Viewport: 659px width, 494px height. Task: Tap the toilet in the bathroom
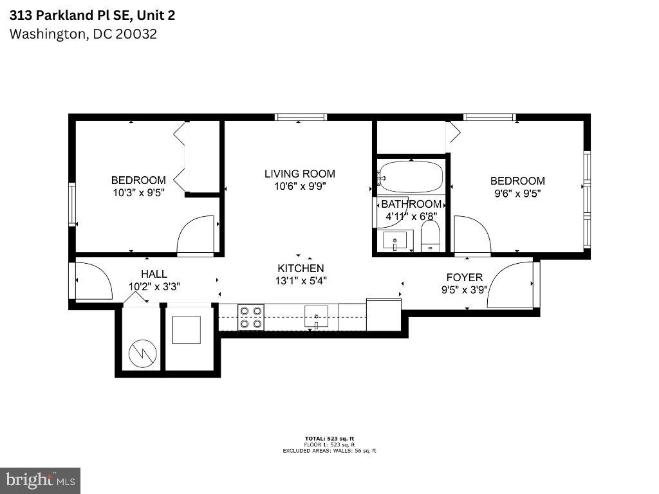429,236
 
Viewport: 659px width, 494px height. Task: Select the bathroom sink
394,241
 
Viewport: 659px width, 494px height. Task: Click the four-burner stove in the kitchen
251,317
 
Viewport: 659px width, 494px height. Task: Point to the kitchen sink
316,316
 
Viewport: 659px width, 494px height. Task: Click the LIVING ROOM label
300,174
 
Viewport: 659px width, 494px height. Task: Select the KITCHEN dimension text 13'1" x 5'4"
301,280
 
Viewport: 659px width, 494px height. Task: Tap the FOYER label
465,277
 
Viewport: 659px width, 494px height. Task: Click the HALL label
154,274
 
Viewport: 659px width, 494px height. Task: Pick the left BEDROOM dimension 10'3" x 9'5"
138,192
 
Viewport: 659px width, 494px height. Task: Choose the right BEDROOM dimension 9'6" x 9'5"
517,193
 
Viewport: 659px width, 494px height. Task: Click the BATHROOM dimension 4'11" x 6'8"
412,217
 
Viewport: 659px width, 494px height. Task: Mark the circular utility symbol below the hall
142,352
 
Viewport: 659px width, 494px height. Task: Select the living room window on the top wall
301,117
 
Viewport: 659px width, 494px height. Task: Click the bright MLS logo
40,480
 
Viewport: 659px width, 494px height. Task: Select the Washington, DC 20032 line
83,33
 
